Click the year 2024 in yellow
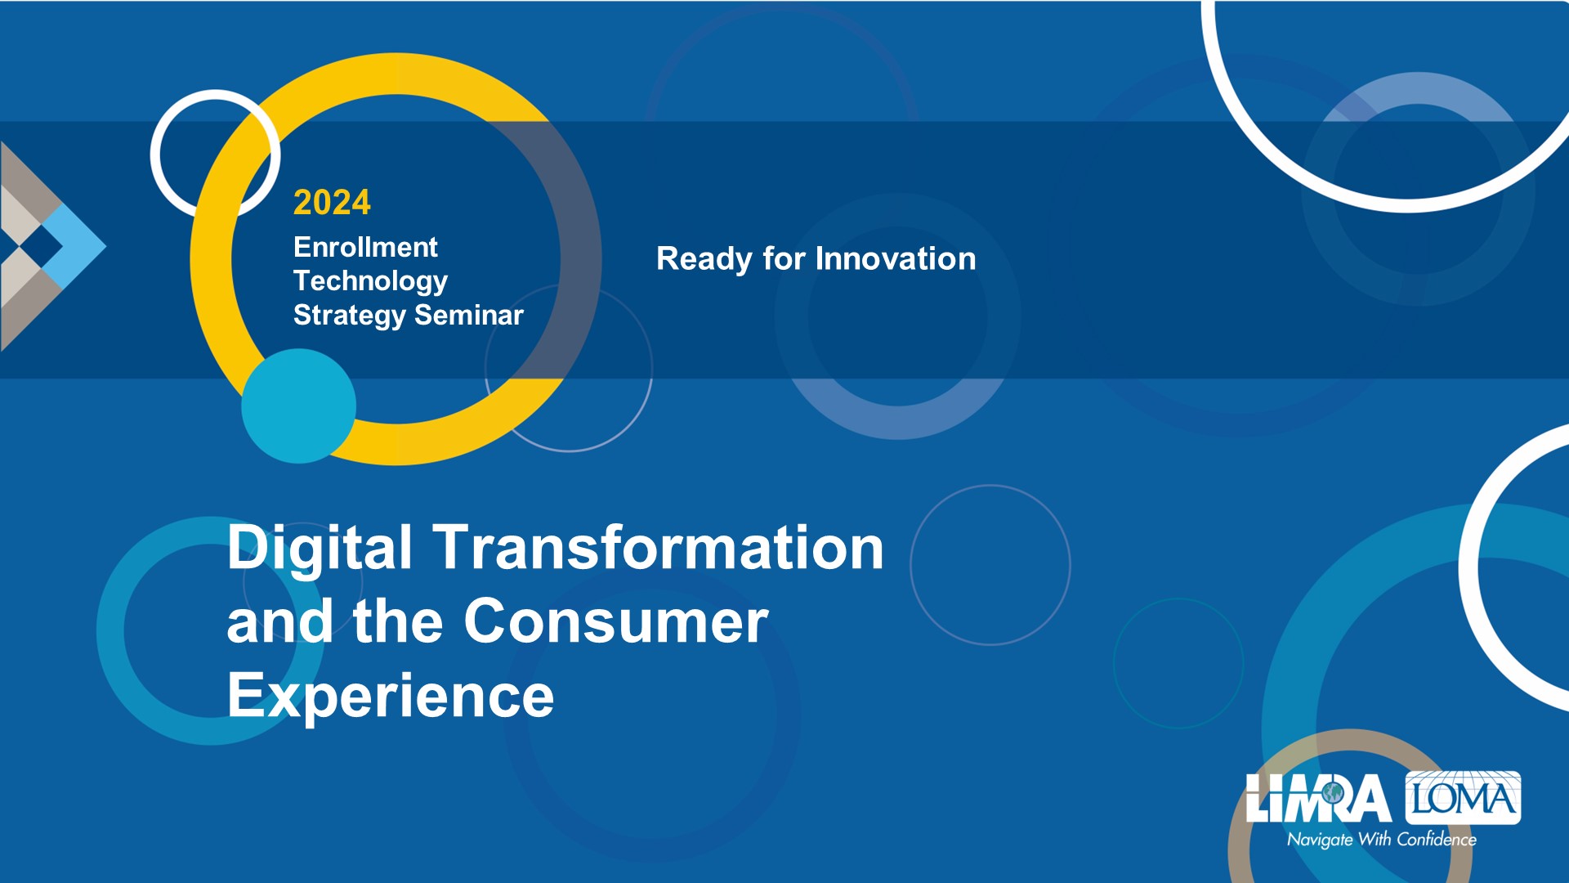click(x=332, y=202)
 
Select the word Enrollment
click(x=365, y=247)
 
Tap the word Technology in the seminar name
click(x=370, y=281)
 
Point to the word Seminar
click(x=469, y=315)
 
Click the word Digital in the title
click(x=320, y=549)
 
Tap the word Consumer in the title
click(x=616, y=621)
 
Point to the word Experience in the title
click(x=391, y=697)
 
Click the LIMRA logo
click(x=1318, y=798)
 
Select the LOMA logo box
click(x=1463, y=797)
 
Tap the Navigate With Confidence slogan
click(x=1382, y=840)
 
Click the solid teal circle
click(x=298, y=406)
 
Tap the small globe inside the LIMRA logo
click(x=1333, y=792)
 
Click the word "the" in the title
click(x=399, y=621)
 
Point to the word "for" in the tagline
click(x=784, y=258)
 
